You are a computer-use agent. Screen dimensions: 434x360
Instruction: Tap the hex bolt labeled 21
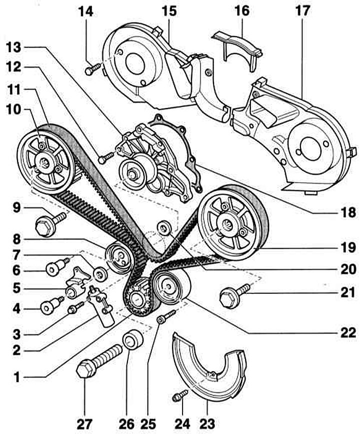pos(235,294)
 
